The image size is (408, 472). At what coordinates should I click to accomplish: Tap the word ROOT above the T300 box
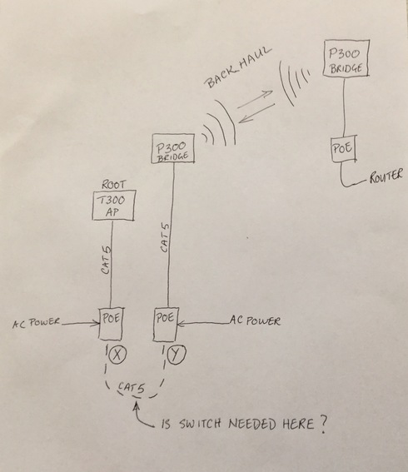[113, 184]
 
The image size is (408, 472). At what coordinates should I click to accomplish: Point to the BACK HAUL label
[238, 67]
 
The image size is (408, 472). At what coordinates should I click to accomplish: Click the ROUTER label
[386, 176]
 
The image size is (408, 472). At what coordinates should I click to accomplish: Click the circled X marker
[117, 355]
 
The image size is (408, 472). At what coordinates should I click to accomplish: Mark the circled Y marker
[177, 355]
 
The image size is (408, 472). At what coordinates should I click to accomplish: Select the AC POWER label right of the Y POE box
[255, 320]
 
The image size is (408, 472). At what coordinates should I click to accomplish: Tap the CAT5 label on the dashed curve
[132, 387]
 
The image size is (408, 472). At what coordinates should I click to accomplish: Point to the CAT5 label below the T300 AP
[106, 261]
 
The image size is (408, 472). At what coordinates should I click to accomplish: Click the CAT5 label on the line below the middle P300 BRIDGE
[165, 238]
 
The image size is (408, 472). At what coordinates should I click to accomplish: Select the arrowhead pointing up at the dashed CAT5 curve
[137, 407]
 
